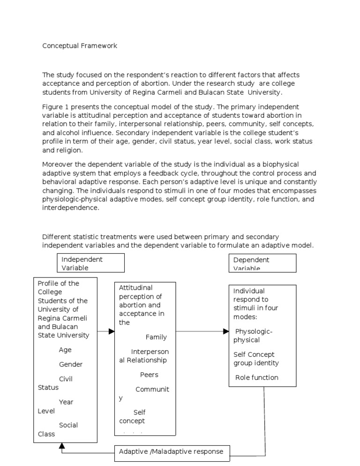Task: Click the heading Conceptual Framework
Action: coord(80,46)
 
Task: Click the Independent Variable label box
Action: coord(90,263)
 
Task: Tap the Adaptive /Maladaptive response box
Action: coord(172,452)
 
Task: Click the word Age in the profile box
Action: coord(65,350)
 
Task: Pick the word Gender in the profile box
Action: coord(71,364)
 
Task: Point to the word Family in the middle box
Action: coord(156,337)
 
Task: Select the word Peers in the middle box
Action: coord(149,375)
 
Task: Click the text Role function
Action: coord(257,377)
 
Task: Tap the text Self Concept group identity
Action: coord(256,359)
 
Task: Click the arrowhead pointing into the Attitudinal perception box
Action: coord(112,331)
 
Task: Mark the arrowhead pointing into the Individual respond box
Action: coord(226,331)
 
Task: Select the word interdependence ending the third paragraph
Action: coord(70,209)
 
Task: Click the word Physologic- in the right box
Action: coord(254,331)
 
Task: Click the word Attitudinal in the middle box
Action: coord(136,287)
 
